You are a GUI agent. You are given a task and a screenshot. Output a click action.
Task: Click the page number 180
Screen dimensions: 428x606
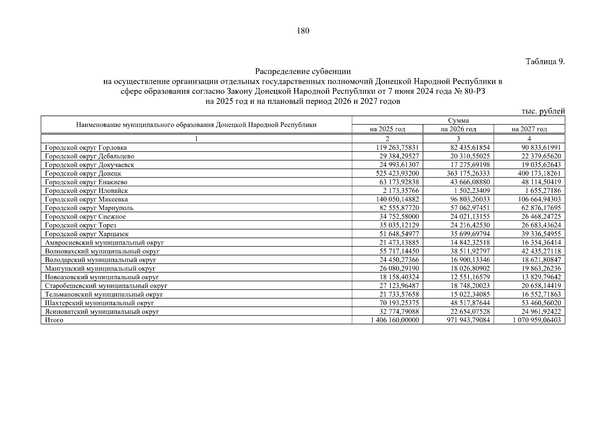303,31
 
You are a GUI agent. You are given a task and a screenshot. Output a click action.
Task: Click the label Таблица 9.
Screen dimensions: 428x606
545,62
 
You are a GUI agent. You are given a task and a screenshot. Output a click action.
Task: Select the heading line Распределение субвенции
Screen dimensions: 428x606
303,72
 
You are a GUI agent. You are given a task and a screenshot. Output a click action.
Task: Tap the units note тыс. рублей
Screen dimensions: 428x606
543,111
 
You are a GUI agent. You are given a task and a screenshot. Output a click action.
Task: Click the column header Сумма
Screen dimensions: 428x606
458,121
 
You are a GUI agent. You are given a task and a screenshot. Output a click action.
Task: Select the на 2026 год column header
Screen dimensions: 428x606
458,129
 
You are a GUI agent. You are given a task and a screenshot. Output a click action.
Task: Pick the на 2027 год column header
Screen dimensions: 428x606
529,129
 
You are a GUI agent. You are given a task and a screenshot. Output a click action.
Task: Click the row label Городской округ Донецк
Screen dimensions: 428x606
83,173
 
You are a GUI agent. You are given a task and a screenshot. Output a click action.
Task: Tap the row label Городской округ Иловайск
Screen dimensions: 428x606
86,191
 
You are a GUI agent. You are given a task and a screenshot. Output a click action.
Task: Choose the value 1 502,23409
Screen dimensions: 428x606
472,191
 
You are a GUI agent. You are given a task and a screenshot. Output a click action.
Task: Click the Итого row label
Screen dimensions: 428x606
54,320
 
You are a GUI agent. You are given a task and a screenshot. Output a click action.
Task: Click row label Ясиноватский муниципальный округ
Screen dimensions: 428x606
102,312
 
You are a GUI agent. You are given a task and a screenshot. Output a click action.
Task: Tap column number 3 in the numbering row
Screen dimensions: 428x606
458,139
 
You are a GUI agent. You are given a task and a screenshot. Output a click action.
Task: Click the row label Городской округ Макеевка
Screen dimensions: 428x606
86,199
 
